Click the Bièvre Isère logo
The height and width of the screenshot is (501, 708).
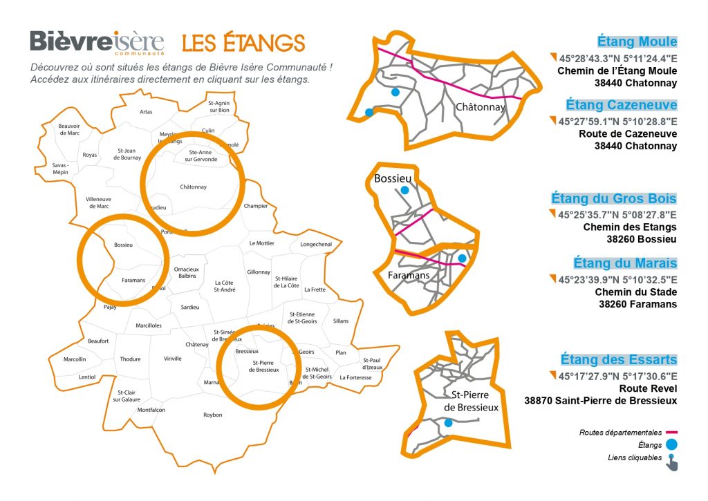pos(97,42)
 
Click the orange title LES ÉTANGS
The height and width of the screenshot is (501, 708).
pos(243,43)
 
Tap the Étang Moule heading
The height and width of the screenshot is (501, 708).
pos(637,41)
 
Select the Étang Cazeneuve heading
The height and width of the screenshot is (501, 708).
pos(621,105)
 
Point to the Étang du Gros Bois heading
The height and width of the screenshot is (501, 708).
pos(614,198)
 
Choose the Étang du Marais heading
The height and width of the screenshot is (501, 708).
pos(625,263)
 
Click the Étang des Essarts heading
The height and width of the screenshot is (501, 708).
pos(619,359)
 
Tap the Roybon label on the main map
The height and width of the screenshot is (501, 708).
pos(213,415)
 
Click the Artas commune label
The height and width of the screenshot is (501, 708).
pos(146,111)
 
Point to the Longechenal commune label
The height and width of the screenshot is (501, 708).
pos(316,244)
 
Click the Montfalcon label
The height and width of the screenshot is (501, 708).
pos(151,410)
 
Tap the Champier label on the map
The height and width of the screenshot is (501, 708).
pos(256,206)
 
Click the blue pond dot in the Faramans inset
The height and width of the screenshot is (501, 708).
pos(462,258)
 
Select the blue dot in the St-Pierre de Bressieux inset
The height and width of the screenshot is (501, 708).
pos(448,423)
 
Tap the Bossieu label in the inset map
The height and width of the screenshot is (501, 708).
pos(393,179)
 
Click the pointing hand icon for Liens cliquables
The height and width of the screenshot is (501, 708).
pos(672,462)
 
